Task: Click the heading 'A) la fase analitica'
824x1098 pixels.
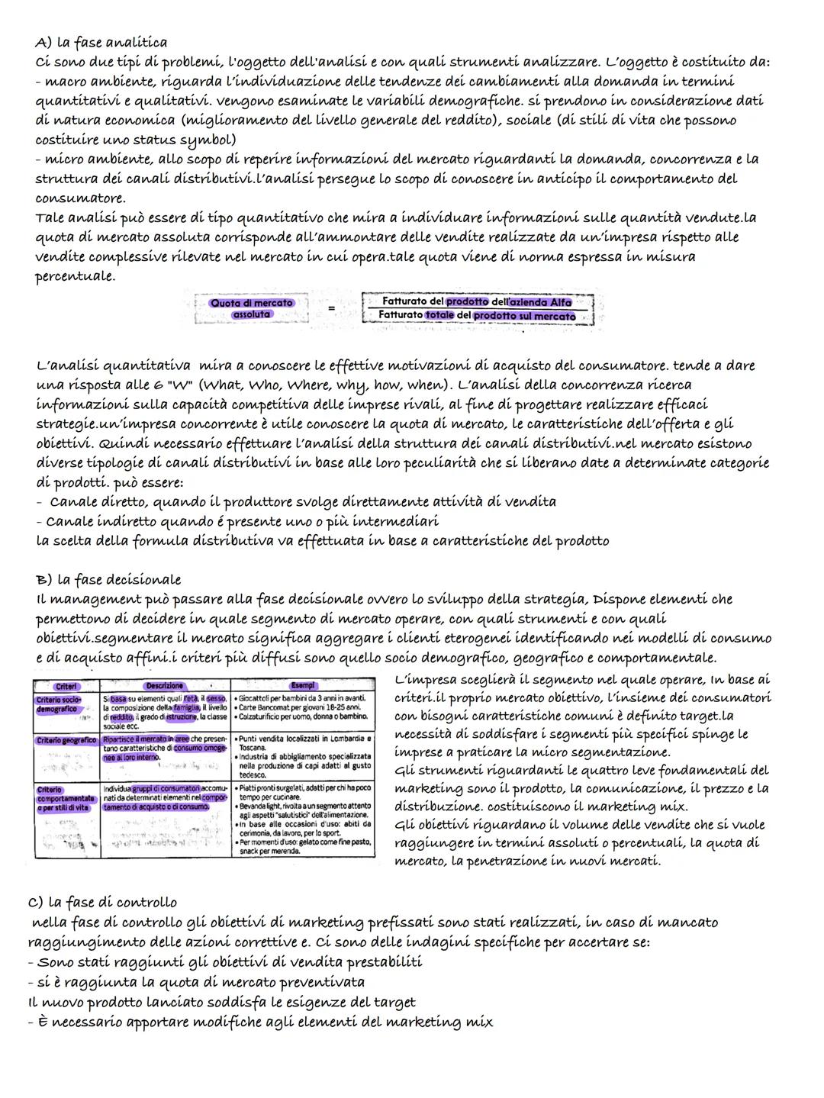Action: click(x=101, y=42)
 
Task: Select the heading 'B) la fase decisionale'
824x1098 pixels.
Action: click(x=108, y=579)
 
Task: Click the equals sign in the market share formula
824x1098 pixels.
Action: click(x=330, y=309)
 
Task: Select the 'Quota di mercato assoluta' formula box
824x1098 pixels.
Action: click(x=251, y=308)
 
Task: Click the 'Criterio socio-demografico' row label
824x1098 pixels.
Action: click(x=58, y=704)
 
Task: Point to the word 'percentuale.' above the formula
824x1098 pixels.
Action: click(x=76, y=275)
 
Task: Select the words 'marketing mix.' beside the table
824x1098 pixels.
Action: click(x=637, y=807)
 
